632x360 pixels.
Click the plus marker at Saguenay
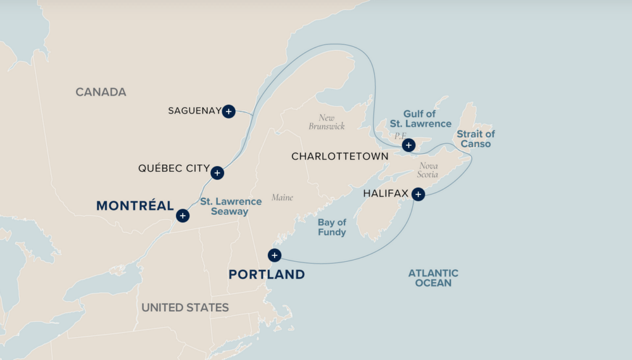[x=228, y=111]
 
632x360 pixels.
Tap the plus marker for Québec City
[x=217, y=173]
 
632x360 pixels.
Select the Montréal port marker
[x=182, y=216]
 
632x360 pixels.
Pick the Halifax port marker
[x=418, y=195]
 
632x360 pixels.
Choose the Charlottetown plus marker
[x=408, y=145]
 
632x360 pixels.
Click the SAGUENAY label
[x=194, y=111]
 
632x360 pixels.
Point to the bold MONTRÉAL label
[x=135, y=206]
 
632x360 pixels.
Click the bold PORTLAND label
[x=267, y=274]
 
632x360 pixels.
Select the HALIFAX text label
[x=386, y=193]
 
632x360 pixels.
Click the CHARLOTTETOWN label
[x=340, y=156]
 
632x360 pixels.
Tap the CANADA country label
[x=101, y=92]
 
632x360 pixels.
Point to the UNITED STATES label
[x=185, y=308]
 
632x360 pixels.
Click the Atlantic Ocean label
[x=433, y=278]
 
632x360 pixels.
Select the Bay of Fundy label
[x=332, y=227]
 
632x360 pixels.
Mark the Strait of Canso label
[x=475, y=139]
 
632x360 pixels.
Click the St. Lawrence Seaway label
[x=224, y=206]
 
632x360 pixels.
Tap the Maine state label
[x=282, y=198]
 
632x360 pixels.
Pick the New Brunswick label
[x=326, y=122]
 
